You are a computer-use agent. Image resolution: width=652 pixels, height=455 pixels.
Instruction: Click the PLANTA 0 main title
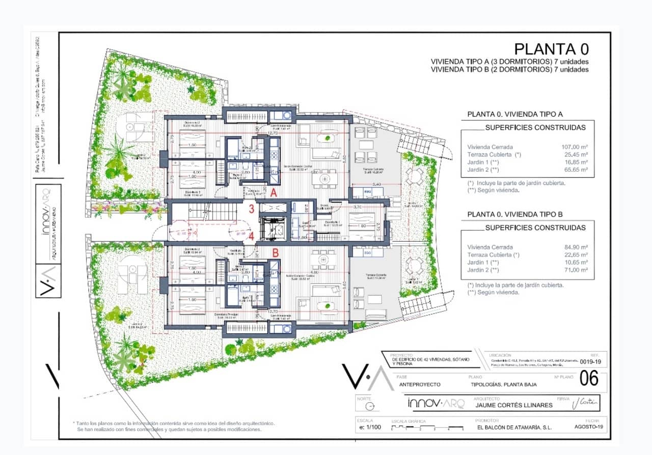(x=551, y=49)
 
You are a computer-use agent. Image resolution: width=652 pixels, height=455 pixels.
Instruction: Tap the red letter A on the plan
(x=274, y=193)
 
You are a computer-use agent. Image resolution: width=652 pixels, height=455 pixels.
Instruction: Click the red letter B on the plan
(x=275, y=251)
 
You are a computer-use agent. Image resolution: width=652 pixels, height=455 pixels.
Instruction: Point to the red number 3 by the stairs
(x=252, y=208)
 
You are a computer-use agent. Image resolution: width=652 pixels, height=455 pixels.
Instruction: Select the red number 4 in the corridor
(x=252, y=237)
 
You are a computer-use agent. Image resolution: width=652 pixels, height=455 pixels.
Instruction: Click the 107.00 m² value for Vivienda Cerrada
(x=574, y=147)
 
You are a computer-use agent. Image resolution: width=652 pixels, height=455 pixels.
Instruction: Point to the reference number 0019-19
(x=591, y=362)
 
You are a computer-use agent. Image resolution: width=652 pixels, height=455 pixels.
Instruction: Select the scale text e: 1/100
(x=369, y=428)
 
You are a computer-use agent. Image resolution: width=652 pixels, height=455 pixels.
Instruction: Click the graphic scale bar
(x=418, y=429)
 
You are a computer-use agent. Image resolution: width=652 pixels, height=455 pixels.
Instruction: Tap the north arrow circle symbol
(x=373, y=406)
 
